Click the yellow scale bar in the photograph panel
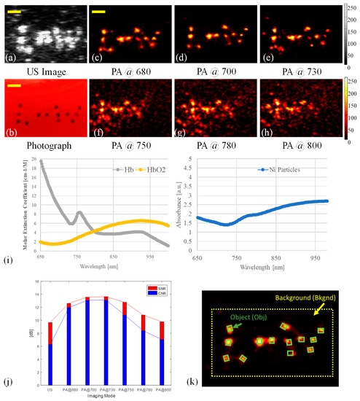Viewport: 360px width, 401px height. pyautogui.click(x=15, y=85)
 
